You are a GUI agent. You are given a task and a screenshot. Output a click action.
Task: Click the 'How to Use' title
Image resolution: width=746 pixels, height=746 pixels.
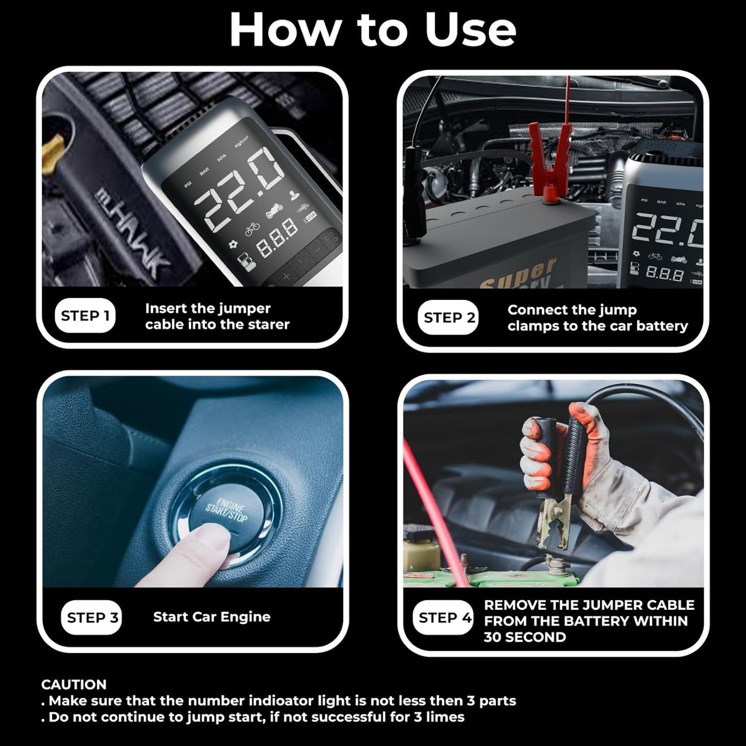point(373,29)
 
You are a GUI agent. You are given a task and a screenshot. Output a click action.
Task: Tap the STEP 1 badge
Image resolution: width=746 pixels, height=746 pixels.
point(85,315)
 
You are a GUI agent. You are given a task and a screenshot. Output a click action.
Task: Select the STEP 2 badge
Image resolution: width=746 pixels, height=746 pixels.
point(449,318)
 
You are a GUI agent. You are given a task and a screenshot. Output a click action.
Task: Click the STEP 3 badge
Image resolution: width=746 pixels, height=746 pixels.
point(92,617)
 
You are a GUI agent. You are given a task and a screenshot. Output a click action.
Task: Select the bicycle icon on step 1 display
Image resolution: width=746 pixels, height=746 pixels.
point(252,230)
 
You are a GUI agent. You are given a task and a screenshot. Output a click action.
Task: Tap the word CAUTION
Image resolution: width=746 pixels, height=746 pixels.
point(74,685)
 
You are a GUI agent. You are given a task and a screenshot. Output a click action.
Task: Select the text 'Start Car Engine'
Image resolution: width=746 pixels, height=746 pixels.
point(212,617)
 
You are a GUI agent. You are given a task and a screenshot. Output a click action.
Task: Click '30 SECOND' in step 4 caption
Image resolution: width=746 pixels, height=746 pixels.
point(525,637)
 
